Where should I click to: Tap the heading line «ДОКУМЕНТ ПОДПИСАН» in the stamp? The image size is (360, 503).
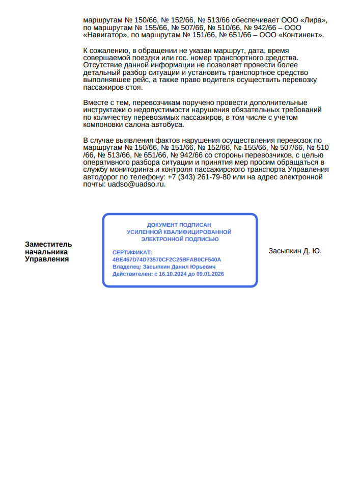click(179, 225)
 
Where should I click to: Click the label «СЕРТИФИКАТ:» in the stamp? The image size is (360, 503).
click(132, 252)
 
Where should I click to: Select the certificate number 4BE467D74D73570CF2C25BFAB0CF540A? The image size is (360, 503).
click(167, 259)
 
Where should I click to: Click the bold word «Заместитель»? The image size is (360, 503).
click(48, 244)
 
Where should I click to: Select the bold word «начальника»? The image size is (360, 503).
click(46, 252)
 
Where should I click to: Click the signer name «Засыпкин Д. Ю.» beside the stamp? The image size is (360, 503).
click(295, 251)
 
